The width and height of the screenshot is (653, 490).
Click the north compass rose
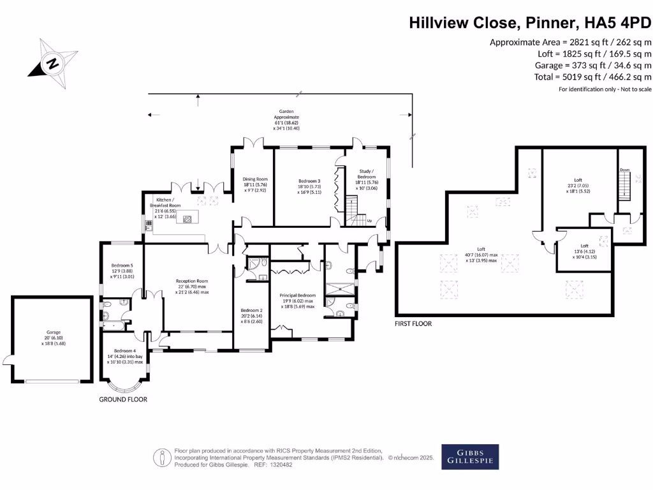pos(52,63)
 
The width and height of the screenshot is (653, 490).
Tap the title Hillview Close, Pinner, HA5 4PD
pos(530,24)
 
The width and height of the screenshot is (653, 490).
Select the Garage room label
pos(53,335)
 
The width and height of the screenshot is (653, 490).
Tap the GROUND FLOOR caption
pos(123,399)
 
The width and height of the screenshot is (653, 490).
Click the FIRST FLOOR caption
pos(413,323)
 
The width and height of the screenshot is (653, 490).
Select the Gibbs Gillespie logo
pos(470,457)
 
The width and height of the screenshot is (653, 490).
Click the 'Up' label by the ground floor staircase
pos(369,221)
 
